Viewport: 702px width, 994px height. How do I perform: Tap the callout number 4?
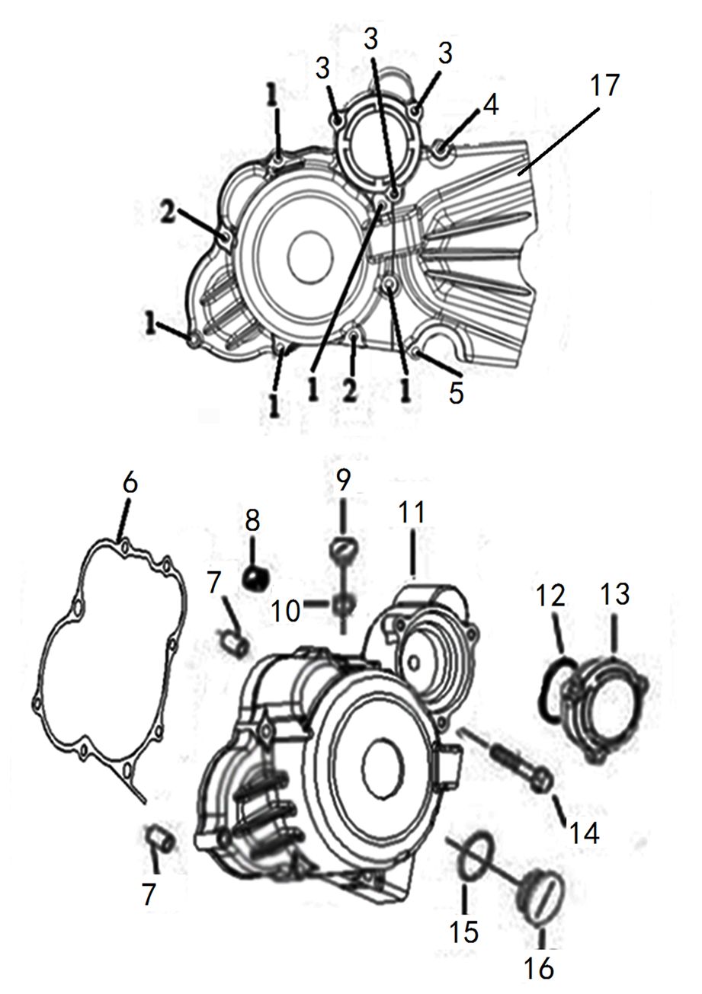pyautogui.click(x=491, y=106)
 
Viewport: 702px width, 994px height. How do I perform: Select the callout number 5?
pyautogui.click(x=456, y=392)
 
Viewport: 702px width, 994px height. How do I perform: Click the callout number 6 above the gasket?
pyautogui.click(x=130, y=483)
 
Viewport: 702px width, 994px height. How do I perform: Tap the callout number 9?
pyautogui.click(x=343, y=480)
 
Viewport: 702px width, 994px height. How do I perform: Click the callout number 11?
pyautogui.click(x=412, y=513)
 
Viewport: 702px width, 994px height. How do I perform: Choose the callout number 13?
pyautogui.click(x=614, y=594)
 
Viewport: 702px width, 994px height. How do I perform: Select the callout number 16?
pyautogui.click(x=538, y=967)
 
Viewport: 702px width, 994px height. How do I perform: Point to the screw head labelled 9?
pyautogui.click(x=342, y=549)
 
